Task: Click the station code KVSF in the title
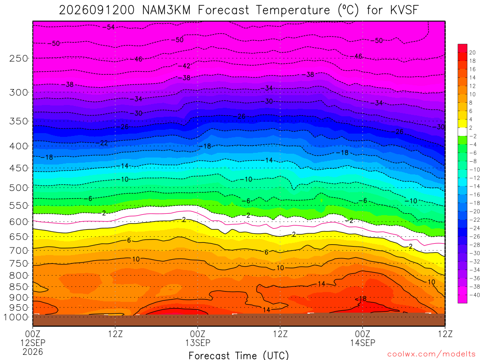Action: click(x=404, y=10)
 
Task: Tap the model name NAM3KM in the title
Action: click(x=166, y=10)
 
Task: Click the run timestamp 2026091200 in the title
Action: click(x=97, y=10)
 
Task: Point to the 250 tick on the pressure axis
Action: click(x=19, y=58)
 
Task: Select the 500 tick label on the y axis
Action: click(x=19, y=187)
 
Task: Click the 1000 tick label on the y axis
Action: click(x=15, y=317)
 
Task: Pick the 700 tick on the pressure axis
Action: click(x=19, y=251)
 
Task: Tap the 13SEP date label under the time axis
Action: click(x=198, y=343)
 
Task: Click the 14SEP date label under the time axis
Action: click(x=363, y=343)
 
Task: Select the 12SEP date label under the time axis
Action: click(x=33, y=343)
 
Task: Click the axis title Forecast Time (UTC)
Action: click(x=239, y=355)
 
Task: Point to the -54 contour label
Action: click(x=109, y=27)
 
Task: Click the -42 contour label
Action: click(x=184, y=66)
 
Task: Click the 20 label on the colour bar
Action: click(x=472, y=52)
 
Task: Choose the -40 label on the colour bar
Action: click(x=474, y=295)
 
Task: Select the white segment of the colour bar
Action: click(x=462, y=132)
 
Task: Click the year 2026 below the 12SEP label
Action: click(x=33, y=352)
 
